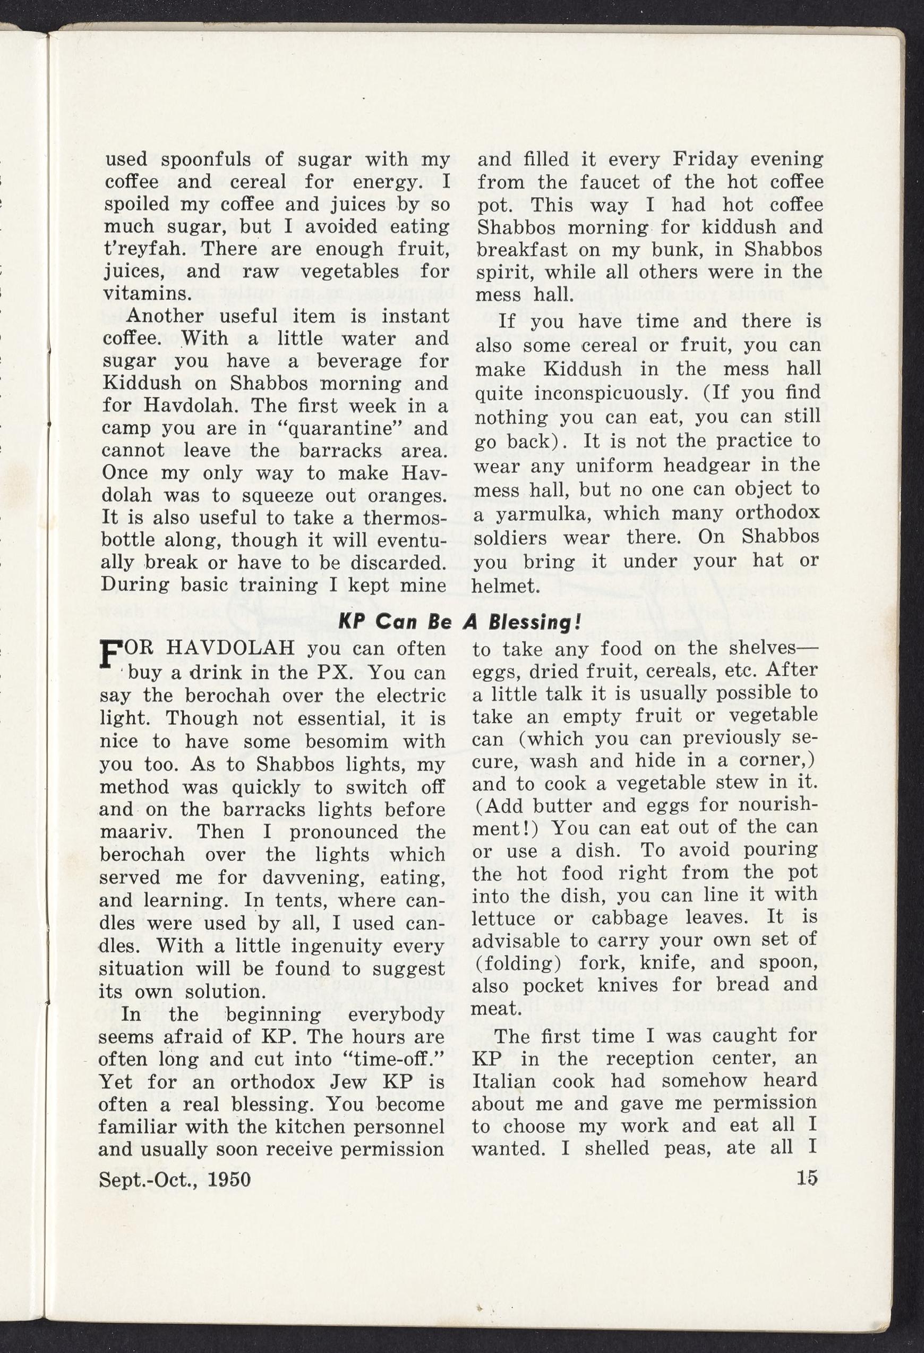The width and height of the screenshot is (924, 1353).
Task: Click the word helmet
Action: pos(504,586)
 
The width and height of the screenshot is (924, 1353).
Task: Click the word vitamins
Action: pos(147,293)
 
